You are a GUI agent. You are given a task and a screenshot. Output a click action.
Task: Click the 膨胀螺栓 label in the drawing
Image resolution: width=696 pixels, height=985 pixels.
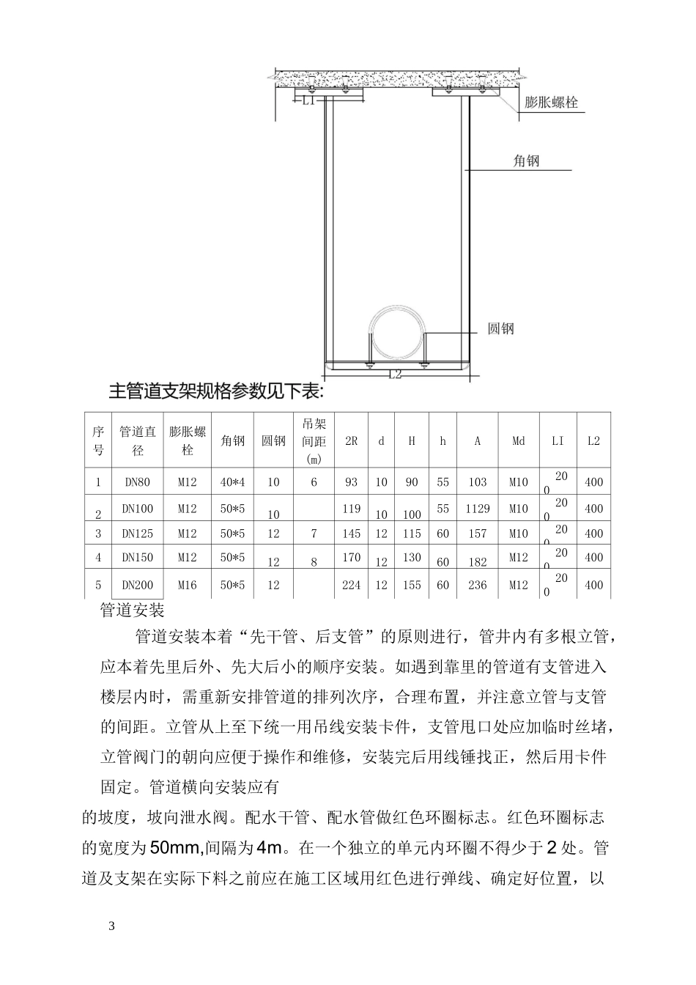551,102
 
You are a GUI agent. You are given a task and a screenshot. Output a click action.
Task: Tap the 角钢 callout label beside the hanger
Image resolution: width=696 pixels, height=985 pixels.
526,161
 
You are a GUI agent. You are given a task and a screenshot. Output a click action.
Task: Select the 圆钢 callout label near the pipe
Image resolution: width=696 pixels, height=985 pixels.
501,328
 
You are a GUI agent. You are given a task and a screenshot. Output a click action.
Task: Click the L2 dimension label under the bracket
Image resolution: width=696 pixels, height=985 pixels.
396,375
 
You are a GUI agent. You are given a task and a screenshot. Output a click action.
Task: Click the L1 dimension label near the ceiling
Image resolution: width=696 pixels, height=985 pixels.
309,101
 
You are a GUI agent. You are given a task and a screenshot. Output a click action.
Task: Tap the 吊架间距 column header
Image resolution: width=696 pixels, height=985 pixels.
314,440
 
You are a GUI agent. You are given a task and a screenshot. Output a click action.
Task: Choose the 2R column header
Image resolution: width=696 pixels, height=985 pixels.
352,441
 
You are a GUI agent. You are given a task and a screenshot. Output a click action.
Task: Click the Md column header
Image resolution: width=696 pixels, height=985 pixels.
519,441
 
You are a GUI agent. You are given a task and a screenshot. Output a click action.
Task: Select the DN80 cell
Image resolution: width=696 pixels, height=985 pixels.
138,482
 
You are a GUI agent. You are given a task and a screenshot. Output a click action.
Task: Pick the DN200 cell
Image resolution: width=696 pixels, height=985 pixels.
138,585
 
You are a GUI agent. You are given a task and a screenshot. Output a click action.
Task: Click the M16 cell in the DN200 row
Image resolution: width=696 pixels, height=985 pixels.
188,585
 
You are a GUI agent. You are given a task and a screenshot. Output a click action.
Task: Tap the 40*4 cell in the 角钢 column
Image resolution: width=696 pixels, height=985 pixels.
233,482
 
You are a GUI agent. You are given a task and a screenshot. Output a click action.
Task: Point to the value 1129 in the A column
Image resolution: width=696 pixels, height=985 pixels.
478,509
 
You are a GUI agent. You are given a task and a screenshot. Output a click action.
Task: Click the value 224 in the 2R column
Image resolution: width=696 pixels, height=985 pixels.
352,585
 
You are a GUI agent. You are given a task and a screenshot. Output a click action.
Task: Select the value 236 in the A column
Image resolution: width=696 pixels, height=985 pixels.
478,585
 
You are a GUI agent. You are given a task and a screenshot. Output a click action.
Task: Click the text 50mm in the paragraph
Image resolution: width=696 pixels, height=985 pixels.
175,849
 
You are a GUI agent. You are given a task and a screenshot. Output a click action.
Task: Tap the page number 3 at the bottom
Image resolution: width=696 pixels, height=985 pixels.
112,926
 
